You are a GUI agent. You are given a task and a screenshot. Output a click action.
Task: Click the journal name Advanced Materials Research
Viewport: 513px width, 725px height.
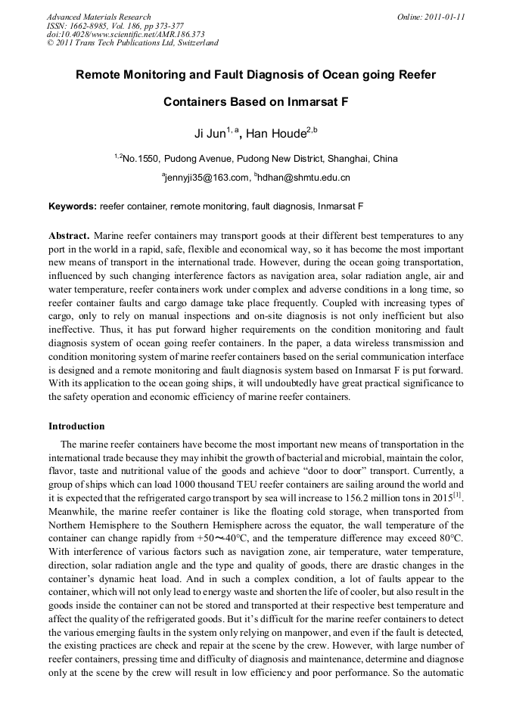pos(99,17)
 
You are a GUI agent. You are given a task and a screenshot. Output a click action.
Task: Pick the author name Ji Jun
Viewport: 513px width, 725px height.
pos(210,134)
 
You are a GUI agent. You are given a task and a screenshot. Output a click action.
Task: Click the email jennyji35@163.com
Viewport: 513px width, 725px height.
pos(207,178)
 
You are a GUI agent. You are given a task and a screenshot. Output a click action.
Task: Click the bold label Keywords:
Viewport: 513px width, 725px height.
pos(73,206)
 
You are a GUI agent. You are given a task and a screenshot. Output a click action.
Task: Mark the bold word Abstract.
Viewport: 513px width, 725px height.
pos(70,235)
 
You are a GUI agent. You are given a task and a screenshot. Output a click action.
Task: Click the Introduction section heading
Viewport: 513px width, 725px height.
pos(76,426)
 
